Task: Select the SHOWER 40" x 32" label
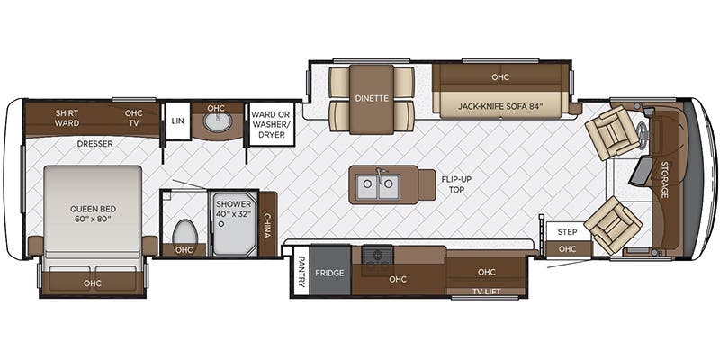233,210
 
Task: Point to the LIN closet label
177,120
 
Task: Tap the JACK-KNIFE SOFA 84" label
499,106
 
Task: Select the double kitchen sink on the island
378,186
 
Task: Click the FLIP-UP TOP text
457,185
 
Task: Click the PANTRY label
301,274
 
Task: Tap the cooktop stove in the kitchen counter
377,256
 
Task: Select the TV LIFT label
486,290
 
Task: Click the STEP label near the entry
566,231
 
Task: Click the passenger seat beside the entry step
612,223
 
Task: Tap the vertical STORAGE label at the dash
664,180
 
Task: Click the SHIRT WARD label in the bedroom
67,119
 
